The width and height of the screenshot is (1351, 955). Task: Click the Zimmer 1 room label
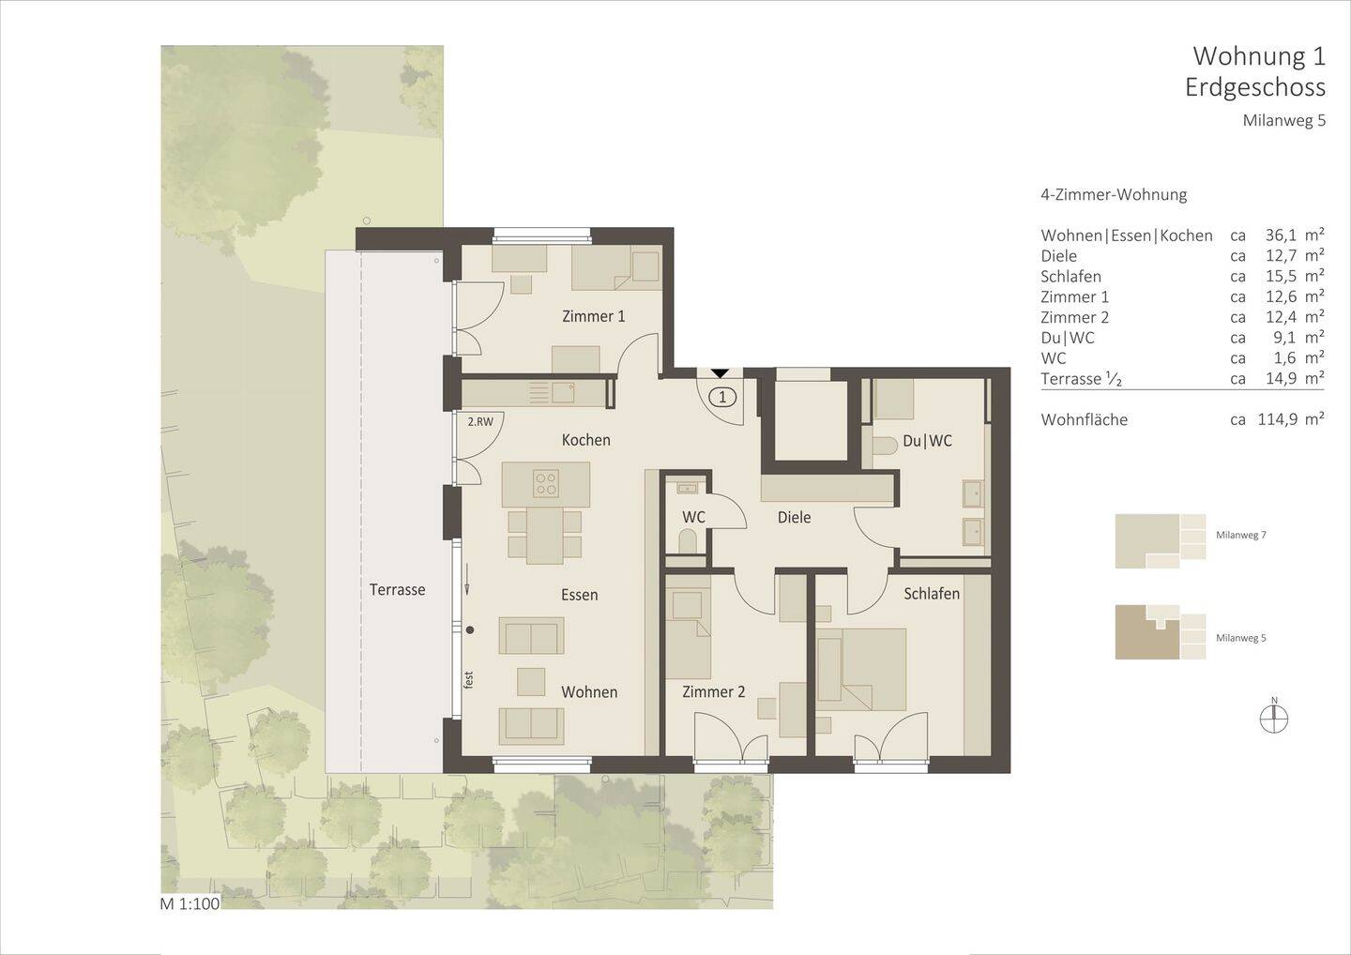coord(593,317)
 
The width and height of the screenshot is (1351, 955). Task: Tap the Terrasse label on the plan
coord(397,590)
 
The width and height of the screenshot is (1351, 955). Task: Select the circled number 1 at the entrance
coord(721,397)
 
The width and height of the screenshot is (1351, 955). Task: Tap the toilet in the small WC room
coord(687,541)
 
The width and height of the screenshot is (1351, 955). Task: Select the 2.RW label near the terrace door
coord(479,422)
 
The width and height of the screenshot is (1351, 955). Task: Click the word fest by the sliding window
coord(468,679)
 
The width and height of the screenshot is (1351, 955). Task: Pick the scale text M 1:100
coord(190,904)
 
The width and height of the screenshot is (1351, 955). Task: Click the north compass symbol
coord(1274,719)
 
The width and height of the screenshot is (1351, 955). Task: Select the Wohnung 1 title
coord(1258,56)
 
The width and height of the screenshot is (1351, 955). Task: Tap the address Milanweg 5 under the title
coord(1283,121)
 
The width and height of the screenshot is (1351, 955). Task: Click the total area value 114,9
coord(1277,420)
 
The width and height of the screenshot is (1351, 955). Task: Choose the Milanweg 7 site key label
coord(1240,535)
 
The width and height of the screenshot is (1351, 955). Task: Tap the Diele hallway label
coord(794,518)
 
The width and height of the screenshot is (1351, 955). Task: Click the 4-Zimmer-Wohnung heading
coord(1114,195)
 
